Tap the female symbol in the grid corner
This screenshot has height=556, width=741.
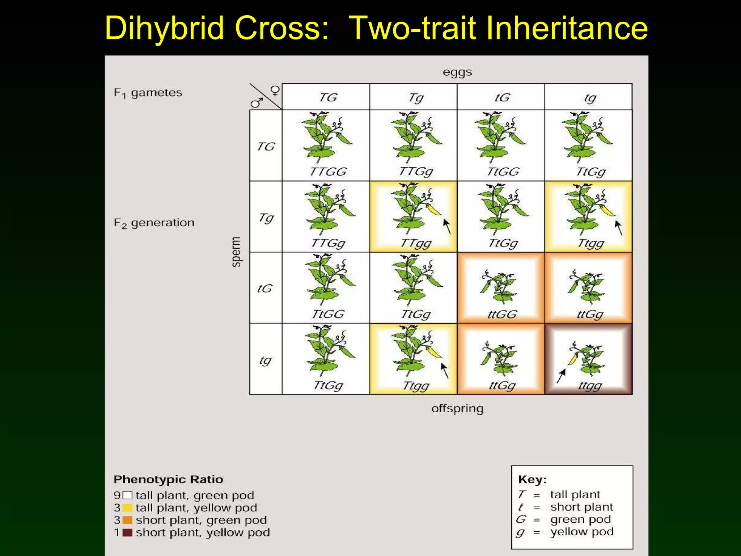coord(275,90)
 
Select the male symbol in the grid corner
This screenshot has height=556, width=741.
coord(257,103)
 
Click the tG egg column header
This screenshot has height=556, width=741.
coord(502,97)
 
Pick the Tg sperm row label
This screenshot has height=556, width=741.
coord(266,218)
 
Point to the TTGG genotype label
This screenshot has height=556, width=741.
coord(328,171)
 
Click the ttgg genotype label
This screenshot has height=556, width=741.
coord(590,386)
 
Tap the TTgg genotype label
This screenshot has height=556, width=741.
coord(416,243)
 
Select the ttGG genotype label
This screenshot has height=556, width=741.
coord(502,314)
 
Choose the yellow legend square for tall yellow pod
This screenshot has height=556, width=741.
coord(127,508)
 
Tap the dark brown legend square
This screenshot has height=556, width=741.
coord(127,532)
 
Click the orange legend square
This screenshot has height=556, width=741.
coord(127,520)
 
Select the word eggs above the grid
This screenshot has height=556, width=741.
coord(457,72)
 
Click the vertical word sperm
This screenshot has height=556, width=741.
coord(236,252)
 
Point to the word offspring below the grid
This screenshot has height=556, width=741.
coord(457,409)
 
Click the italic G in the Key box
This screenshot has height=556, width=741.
coord(521,519)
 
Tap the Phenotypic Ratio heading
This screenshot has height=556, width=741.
coord(168,479)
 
